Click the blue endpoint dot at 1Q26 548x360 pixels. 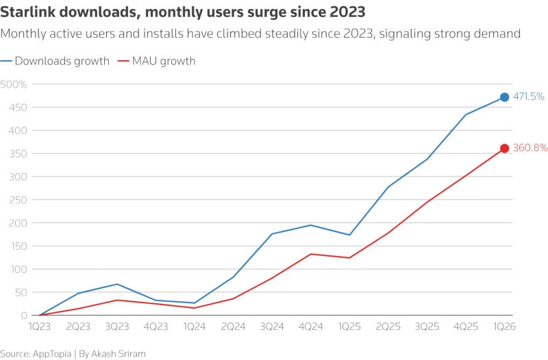coord(504,97)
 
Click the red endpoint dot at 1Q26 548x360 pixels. coord(504,149)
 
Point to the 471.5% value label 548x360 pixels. coord(528,97)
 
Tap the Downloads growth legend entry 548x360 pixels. coord(62,61)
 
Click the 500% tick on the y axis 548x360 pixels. coord(14,84)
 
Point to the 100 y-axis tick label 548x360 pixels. coord(17,269)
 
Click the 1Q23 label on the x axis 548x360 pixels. coord(40,326)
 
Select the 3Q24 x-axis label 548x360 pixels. coord(272,326)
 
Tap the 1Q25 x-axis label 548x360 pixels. coord(349,326)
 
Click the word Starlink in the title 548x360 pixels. coord(27,12)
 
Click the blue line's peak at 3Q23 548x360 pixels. coord(117,284)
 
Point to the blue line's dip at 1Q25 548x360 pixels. coord(349,235)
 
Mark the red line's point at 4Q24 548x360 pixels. coord(311,254)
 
